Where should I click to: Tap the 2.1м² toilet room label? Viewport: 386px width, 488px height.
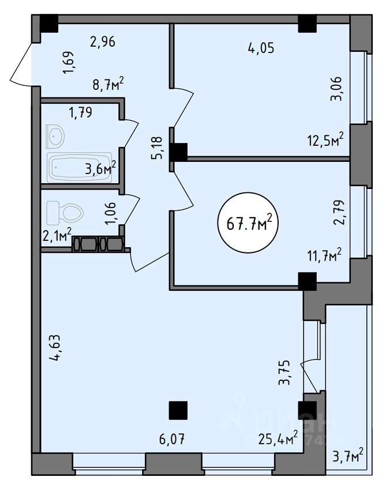point(57,234)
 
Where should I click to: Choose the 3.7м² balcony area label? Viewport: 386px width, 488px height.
point(348,456)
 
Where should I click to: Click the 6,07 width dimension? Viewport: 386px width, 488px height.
point(172,441)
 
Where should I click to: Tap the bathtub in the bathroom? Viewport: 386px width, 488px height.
point(80,168)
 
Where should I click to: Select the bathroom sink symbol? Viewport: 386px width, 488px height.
point(55,137)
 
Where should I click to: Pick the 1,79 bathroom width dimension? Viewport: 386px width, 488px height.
point(80,112)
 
